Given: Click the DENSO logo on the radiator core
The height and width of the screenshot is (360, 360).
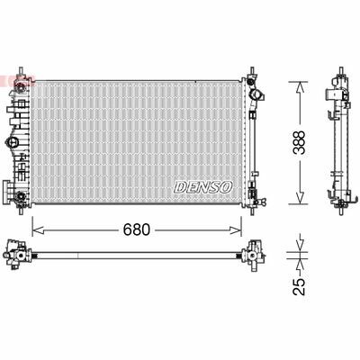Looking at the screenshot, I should [x=204, y=187].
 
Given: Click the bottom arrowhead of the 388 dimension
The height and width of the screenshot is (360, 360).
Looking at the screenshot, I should [x=298, y=202].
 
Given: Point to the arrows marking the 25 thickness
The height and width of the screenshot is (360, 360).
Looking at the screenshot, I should [x=298, y=256].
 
